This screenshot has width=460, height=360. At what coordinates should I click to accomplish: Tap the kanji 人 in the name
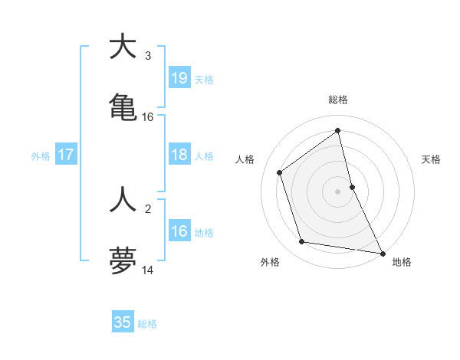[x=123, y=198]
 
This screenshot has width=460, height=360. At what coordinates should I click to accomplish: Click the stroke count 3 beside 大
[x=148, y=55]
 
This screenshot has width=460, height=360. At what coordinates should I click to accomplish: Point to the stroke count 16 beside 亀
[x=148, y=117]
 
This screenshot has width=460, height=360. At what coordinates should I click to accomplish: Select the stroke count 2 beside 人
[x=148, y=208]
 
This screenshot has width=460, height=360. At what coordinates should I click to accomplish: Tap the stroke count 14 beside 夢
[x=148, y=270]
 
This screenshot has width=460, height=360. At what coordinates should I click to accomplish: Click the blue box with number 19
[x=179, y=77]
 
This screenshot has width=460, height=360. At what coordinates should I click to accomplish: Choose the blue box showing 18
[x=179, y=155]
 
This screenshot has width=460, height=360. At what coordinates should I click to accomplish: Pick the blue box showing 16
[x=179, y=231]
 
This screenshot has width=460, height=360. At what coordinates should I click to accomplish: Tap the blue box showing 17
[x=67, y=155]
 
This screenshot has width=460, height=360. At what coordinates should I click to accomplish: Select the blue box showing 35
[x=123, y=322]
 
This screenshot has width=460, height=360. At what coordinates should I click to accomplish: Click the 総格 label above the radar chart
[x=338, y=100]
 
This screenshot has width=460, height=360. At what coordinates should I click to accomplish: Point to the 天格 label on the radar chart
[x=432, y=159]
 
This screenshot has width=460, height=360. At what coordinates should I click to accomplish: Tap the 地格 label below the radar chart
[x=402, y=262]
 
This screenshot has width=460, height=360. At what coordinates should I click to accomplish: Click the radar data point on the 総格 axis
[x=338, y=131]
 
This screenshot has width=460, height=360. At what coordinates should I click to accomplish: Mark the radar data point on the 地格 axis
[x=382, y=252]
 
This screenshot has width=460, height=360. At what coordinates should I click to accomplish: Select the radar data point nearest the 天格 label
[x=352, y=186]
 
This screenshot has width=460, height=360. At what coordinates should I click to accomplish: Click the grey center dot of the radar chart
[x=338, y=191]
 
